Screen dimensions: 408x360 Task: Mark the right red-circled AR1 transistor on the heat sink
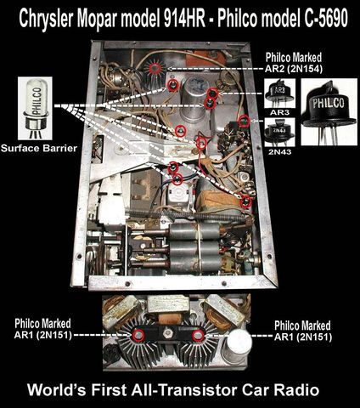(198, 335)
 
